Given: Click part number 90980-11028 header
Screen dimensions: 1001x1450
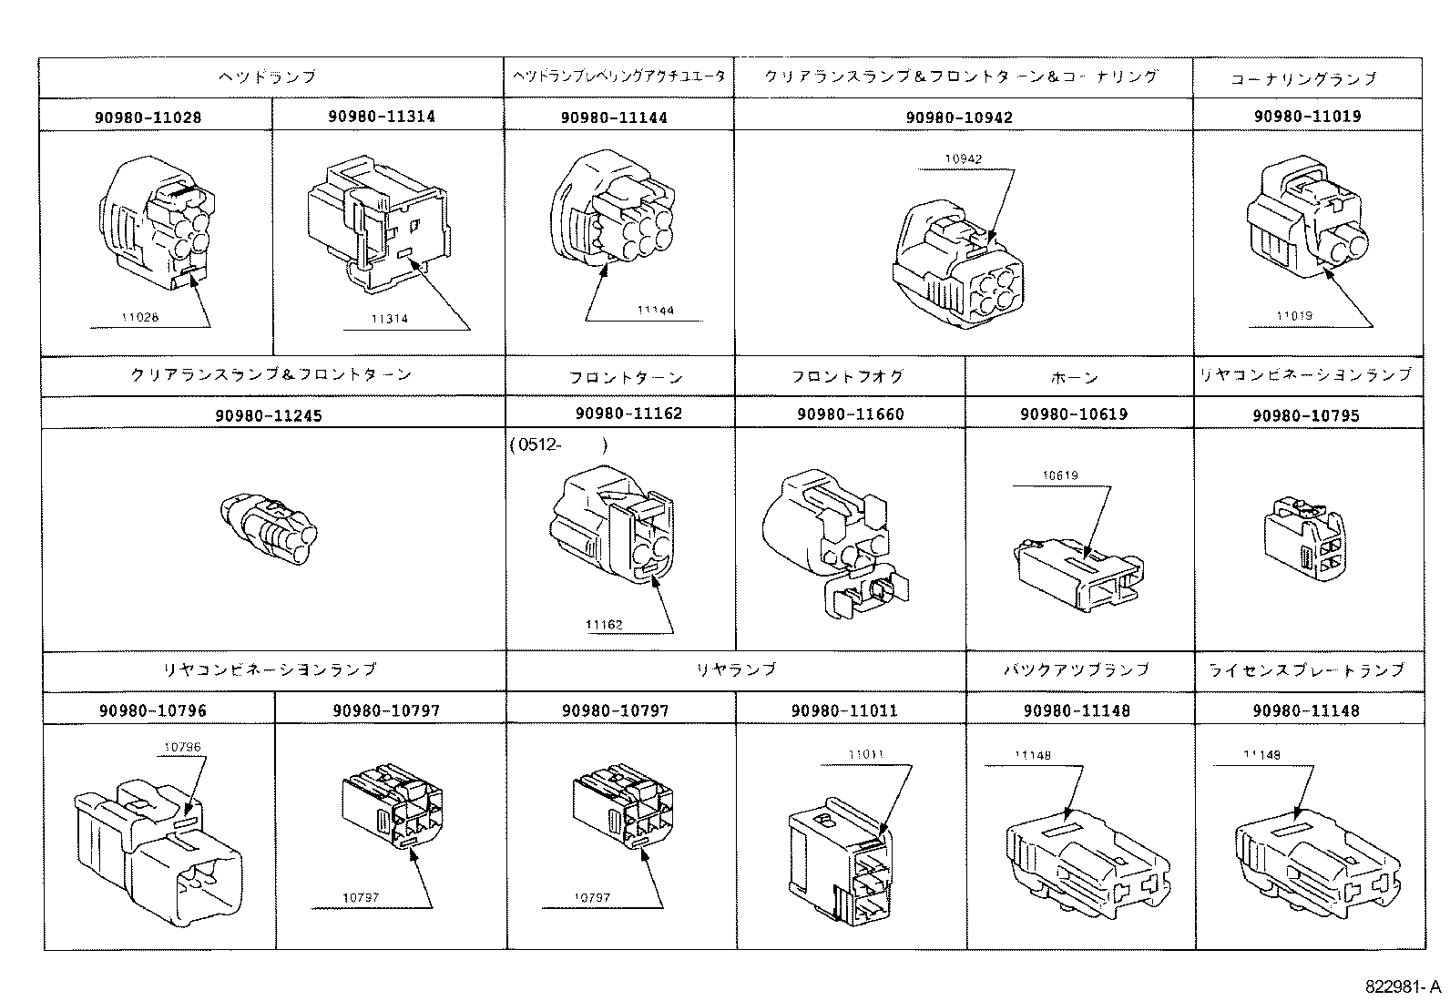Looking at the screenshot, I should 147,117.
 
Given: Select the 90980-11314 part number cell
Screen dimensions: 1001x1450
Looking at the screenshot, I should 381,117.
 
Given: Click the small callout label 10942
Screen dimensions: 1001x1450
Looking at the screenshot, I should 963,158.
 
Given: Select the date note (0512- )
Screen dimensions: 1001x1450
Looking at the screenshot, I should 557,445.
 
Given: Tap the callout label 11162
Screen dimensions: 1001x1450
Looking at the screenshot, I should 604,624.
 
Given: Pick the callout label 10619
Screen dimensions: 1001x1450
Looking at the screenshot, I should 1060,475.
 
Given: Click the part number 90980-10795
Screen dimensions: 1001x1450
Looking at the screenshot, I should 1305,415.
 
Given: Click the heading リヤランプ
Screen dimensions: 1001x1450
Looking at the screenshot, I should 736,669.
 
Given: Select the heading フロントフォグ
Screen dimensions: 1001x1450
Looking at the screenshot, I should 847,376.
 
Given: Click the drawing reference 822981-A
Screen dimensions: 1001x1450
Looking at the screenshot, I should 1402,986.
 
